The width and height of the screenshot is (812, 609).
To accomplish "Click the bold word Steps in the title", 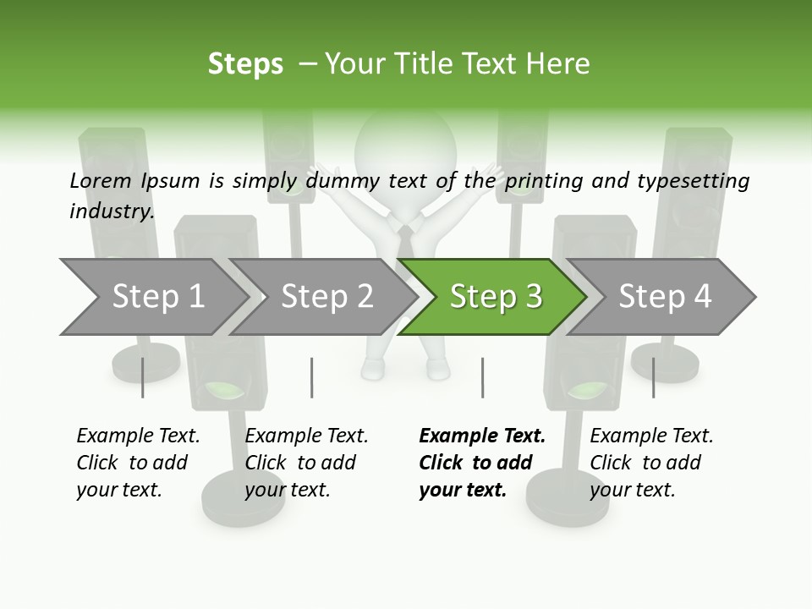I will pyautogui.click(x=245, y=64).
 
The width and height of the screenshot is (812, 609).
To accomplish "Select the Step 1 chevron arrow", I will pyautogui.click(x=152, y=297).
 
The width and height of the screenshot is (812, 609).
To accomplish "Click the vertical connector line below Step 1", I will pyautogui.click(x=143, y=377).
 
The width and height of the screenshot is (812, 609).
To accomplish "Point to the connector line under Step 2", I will pyautogui.click(x=312, y=377).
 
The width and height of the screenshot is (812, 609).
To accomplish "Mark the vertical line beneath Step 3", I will pyautogui.click(x=482, y=377).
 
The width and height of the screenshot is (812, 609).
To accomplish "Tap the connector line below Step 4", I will pyautogui.click(x=653, y=377).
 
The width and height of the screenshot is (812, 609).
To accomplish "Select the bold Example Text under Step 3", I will pyautogui.click(x=482, y=436).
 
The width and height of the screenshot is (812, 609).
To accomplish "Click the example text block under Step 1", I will pyautogui.click(x=138, y=463).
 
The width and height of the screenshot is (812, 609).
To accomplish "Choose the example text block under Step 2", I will pyautogui.click(x=306, y=463).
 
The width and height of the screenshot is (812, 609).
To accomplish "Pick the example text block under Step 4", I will pyautogui.click(x=651, y=463).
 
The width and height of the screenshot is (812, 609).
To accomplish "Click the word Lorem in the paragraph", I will pyautogui.click(x=101, y=180).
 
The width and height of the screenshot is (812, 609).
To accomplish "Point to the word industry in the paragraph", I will pyautogui.click(x=111, y=211).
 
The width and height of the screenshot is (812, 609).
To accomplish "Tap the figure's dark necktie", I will pyautogui.click(x=406, y=240).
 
